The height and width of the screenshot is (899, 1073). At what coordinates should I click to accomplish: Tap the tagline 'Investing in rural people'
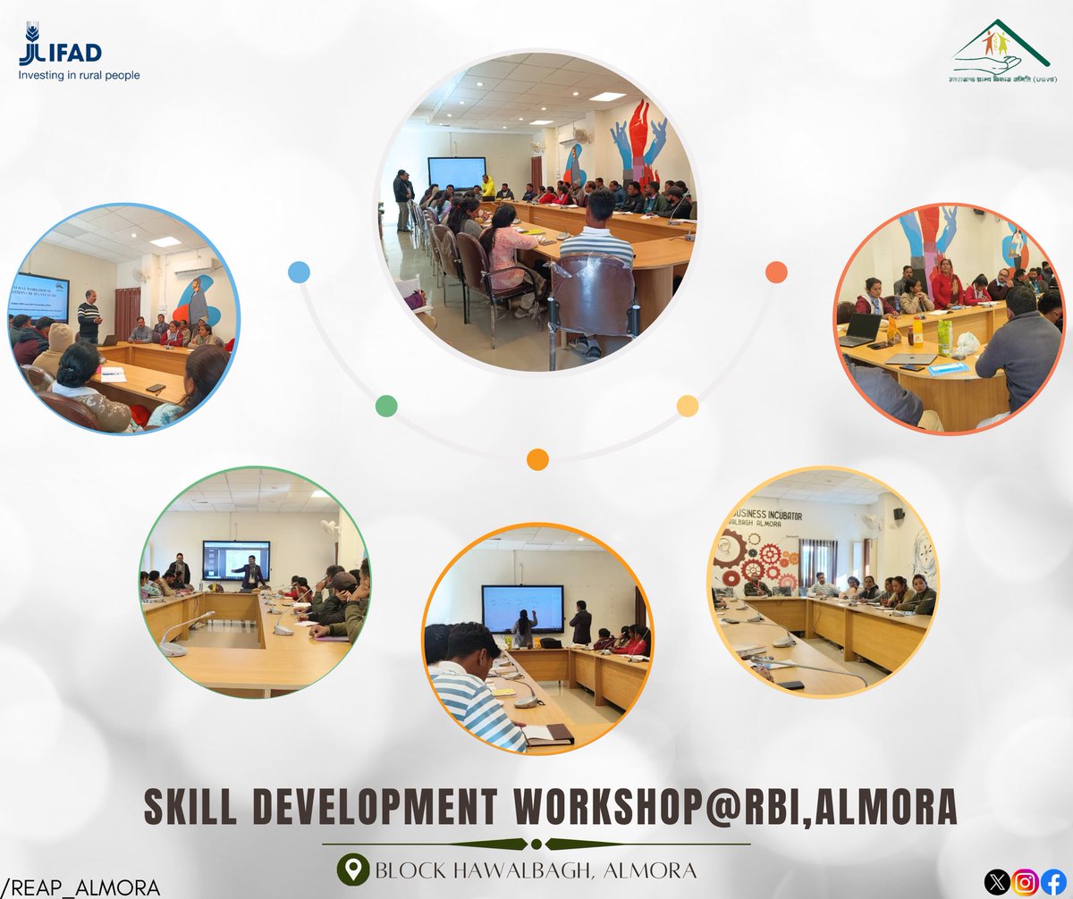tap(80, 76)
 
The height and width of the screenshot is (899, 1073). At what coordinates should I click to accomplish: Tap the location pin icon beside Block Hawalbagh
tap(355, 869)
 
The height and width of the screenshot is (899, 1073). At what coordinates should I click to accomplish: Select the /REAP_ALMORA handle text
tap(80, 886)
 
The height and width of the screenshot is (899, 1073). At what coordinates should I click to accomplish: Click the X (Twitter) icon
tap(996, 883)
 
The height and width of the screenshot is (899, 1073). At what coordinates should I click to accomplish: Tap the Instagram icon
tap(1026, 883)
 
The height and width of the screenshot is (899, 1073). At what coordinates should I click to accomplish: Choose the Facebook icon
tap(1054, 883)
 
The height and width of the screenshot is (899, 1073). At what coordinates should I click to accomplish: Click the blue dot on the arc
tap(299, 272)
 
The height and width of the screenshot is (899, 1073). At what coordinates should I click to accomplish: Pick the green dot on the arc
tap(386, 406)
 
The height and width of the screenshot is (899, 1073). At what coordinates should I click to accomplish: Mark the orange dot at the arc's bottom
tap(536, 459)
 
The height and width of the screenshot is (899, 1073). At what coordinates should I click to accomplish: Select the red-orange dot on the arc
tap(776, 272)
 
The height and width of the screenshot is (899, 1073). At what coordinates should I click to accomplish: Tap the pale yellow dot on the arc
tap(687, 406)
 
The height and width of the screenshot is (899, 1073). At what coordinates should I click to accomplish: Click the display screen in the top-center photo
tap(456, 172)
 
